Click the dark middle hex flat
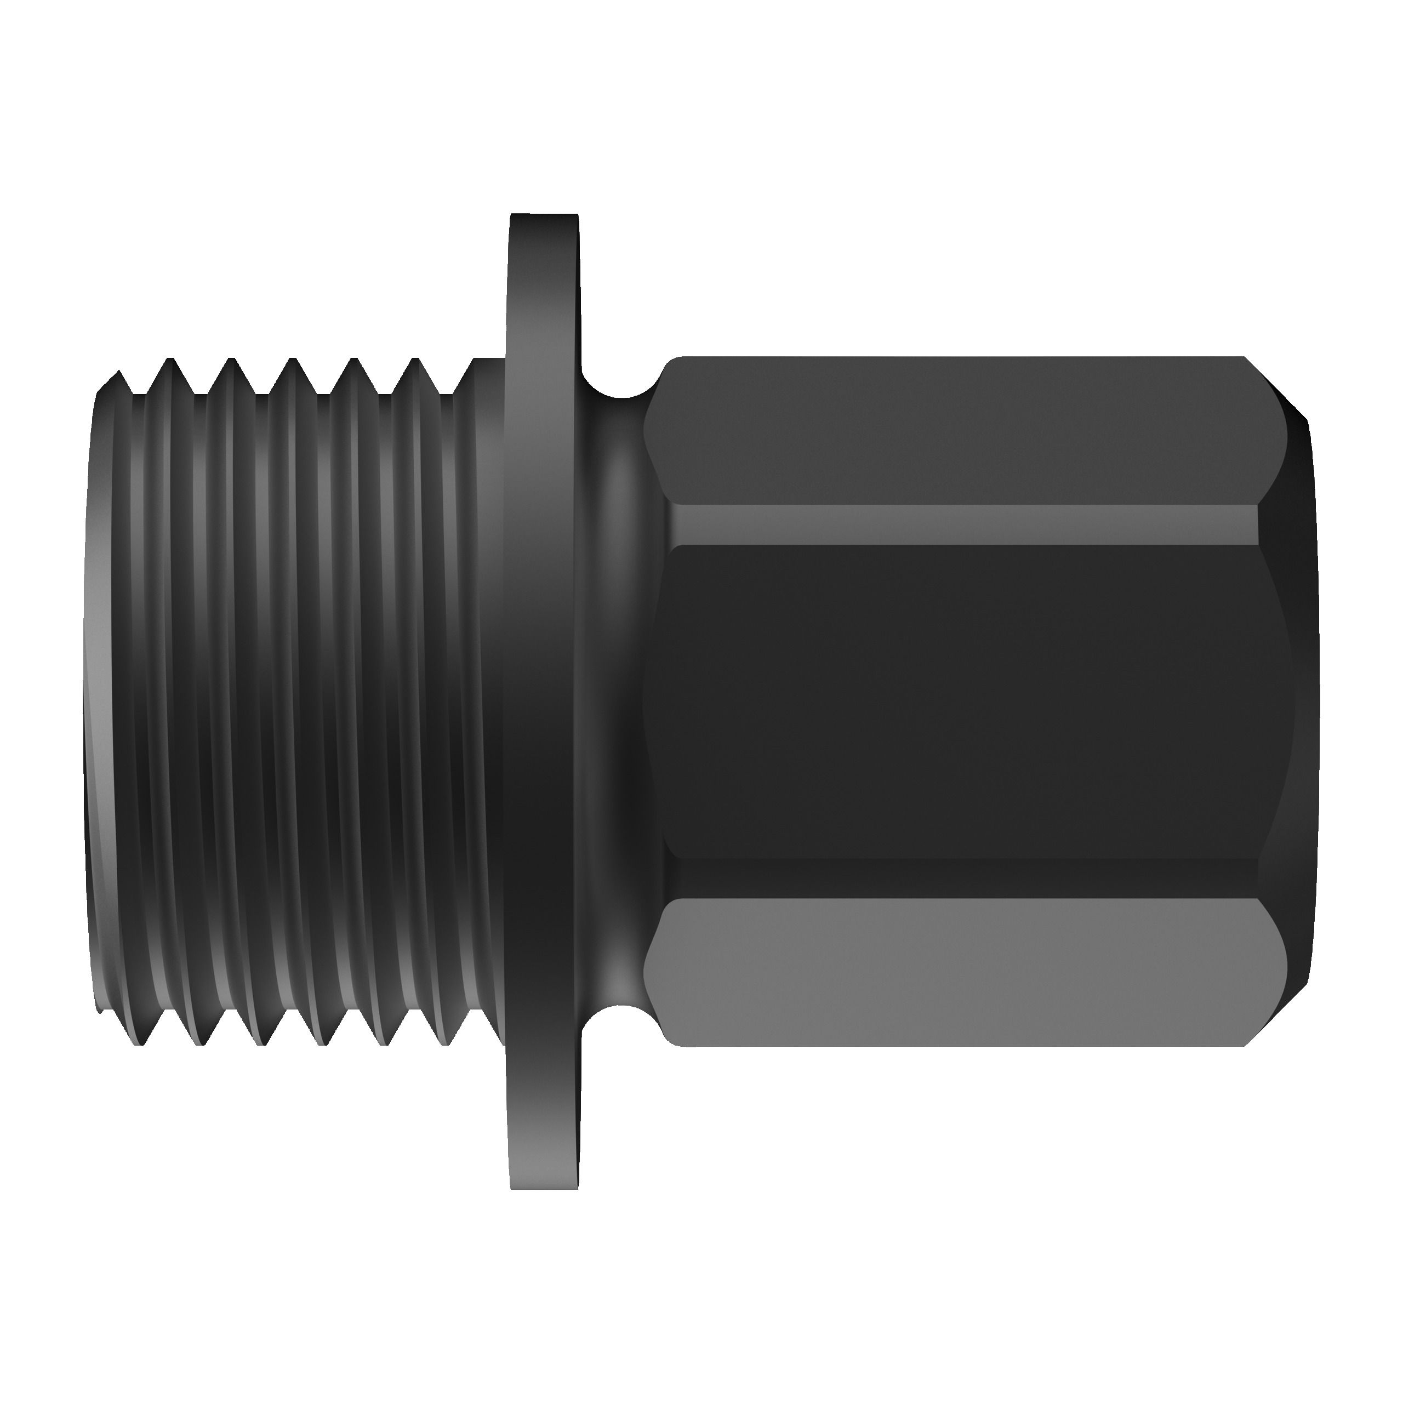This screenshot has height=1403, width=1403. (x=959, y=701)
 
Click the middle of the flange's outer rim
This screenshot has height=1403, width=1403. (x=545, y=701)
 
